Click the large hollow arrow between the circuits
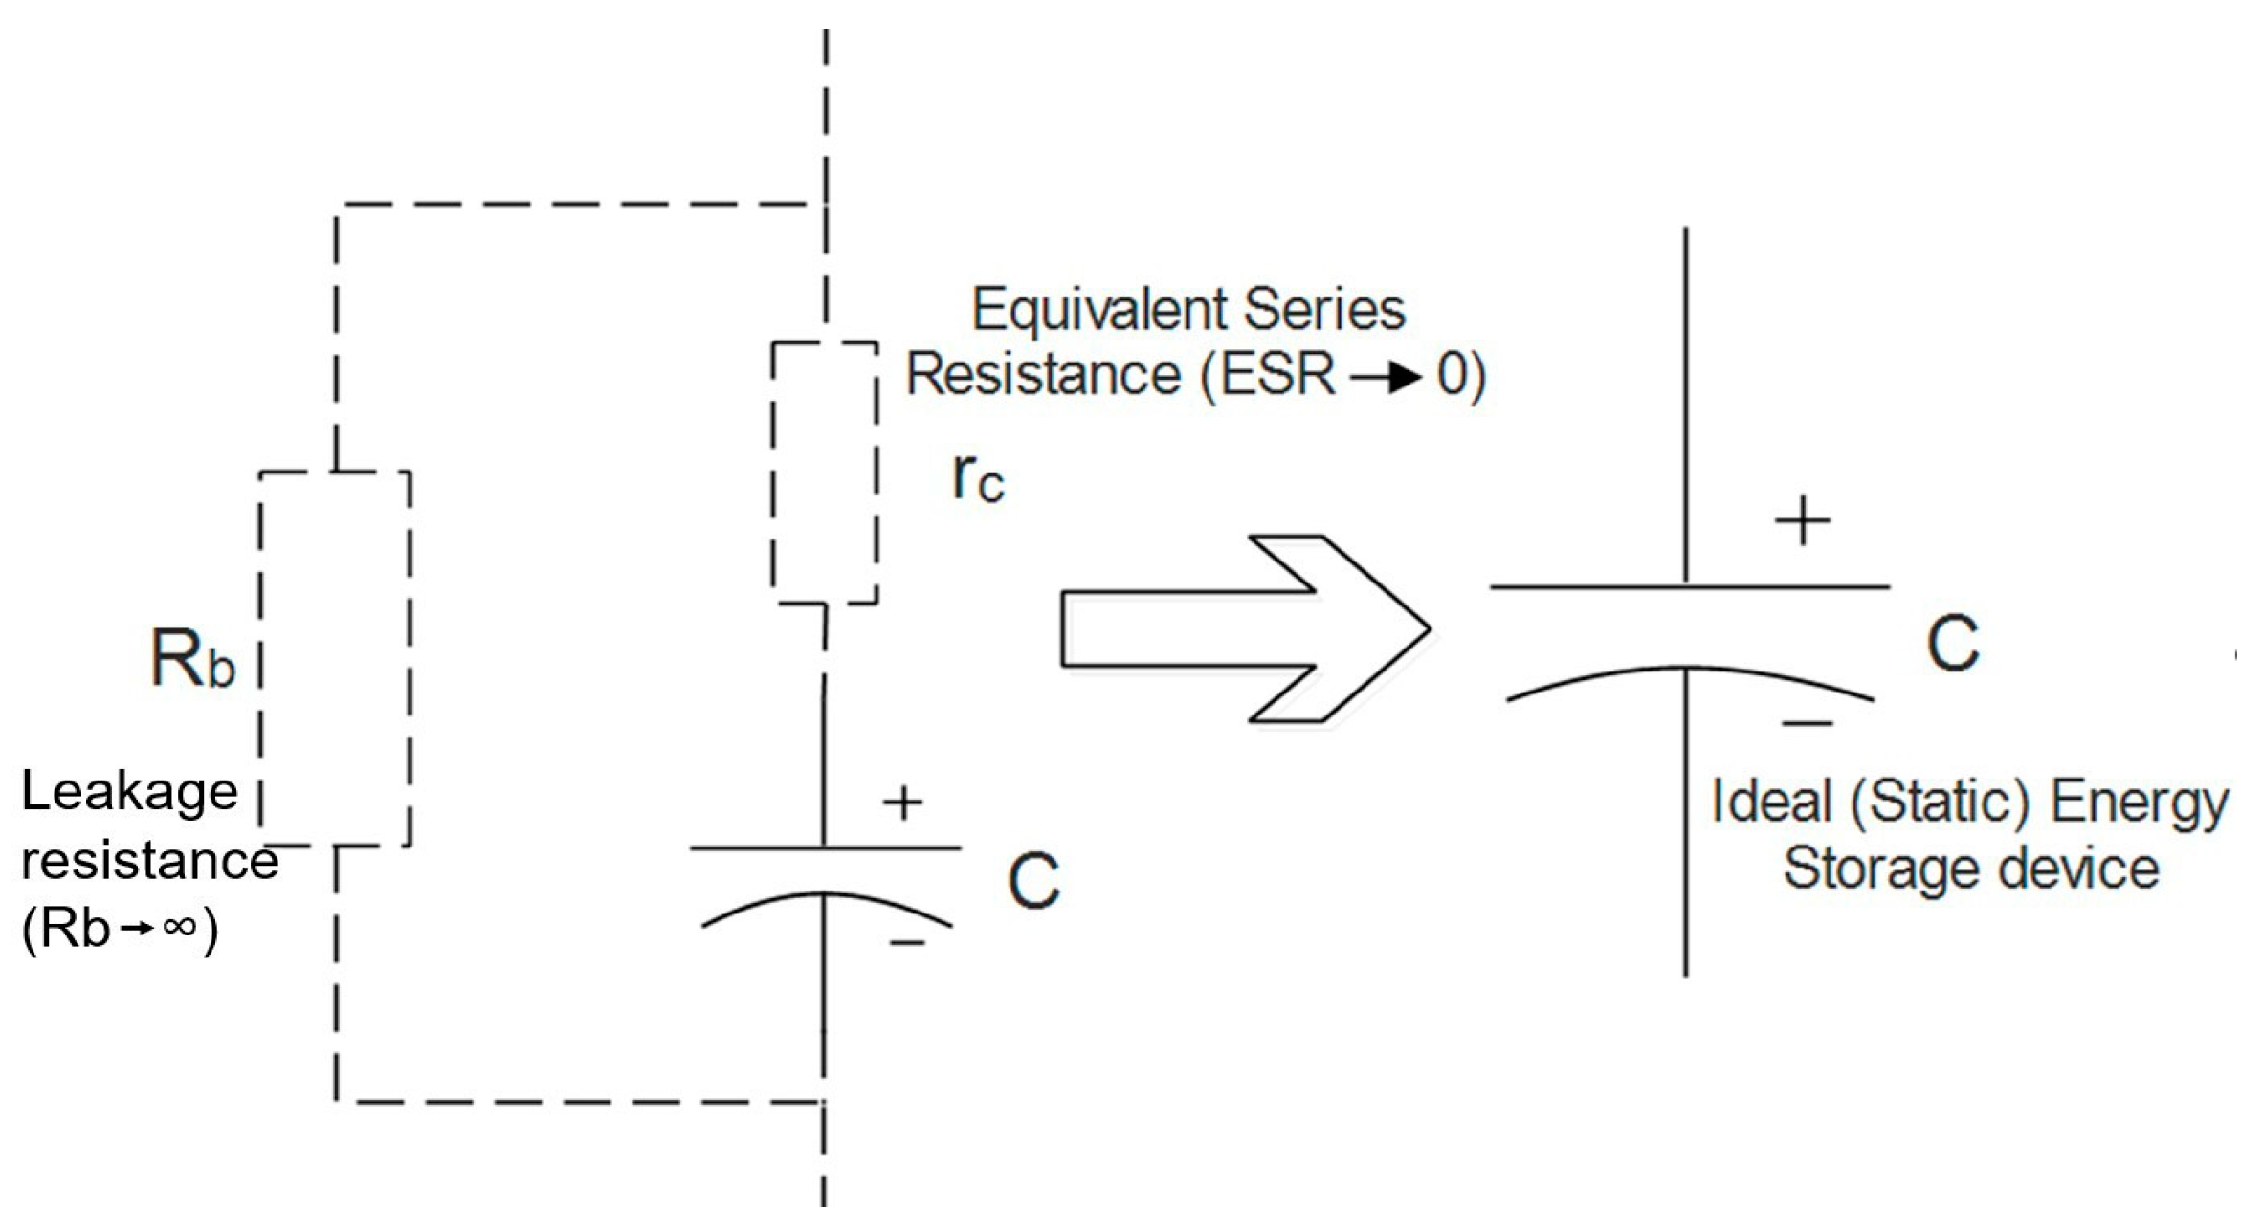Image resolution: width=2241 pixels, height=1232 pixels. pos(1244,628)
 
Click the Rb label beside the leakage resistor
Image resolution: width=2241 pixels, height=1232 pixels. pos(192,659)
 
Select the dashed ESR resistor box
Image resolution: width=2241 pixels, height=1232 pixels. pos(825,473)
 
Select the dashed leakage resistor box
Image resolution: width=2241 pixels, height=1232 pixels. pos(335,658)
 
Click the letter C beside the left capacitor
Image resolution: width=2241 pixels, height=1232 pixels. pos(1033,880)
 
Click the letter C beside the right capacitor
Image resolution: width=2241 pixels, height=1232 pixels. pos(1952,643)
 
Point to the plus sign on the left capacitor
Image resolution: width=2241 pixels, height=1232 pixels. pos(902,803)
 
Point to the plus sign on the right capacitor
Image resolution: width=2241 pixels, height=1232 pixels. pos(1803,521)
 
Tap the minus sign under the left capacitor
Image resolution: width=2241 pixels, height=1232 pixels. pos(907,944)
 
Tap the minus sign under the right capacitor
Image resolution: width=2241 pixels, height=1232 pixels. pos(1807,724)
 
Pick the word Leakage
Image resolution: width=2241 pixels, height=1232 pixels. pos(129,793)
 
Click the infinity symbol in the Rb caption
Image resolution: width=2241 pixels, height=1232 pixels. pos(180,926)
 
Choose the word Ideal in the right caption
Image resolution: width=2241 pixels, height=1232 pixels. pos(1770,802)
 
